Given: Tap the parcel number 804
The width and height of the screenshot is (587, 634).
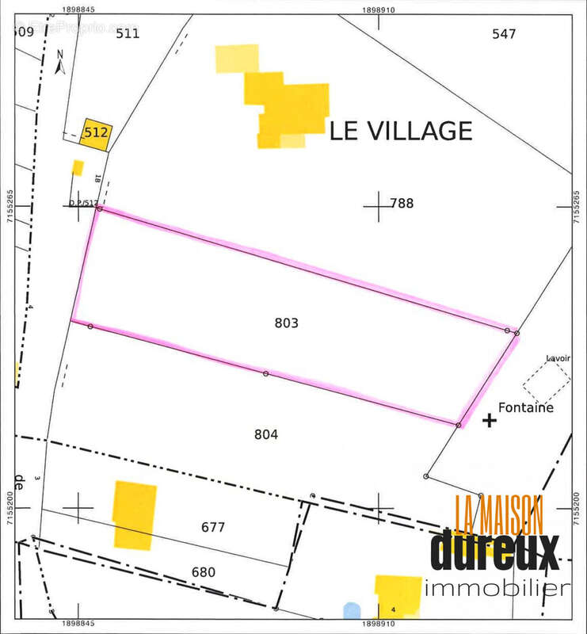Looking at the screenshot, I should click(266, 434).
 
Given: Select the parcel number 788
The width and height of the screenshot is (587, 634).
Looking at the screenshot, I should click(402, 204).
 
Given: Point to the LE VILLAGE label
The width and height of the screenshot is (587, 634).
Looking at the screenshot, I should click(401, 131).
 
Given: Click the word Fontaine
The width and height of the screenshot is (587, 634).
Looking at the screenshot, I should click(525, 408).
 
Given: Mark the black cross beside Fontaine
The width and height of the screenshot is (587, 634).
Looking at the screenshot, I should click(490, 421).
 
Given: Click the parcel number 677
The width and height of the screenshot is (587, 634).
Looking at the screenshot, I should click(213, 527).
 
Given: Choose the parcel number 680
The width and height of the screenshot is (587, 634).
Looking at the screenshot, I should click(203, 572).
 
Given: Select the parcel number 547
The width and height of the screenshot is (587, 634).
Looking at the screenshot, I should click(503, 34).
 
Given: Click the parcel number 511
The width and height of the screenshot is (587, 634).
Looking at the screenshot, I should click(127, 33).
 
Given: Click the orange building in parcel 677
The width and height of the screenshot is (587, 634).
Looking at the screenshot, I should click(134, 514).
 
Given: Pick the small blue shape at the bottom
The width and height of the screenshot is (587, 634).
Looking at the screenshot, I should click(352, 611).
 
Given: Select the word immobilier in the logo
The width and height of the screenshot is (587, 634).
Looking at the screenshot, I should click(497, 588).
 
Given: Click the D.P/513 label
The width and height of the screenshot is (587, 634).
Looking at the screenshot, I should click(82, 203).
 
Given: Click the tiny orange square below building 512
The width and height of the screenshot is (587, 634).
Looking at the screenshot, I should click(78, 167).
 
